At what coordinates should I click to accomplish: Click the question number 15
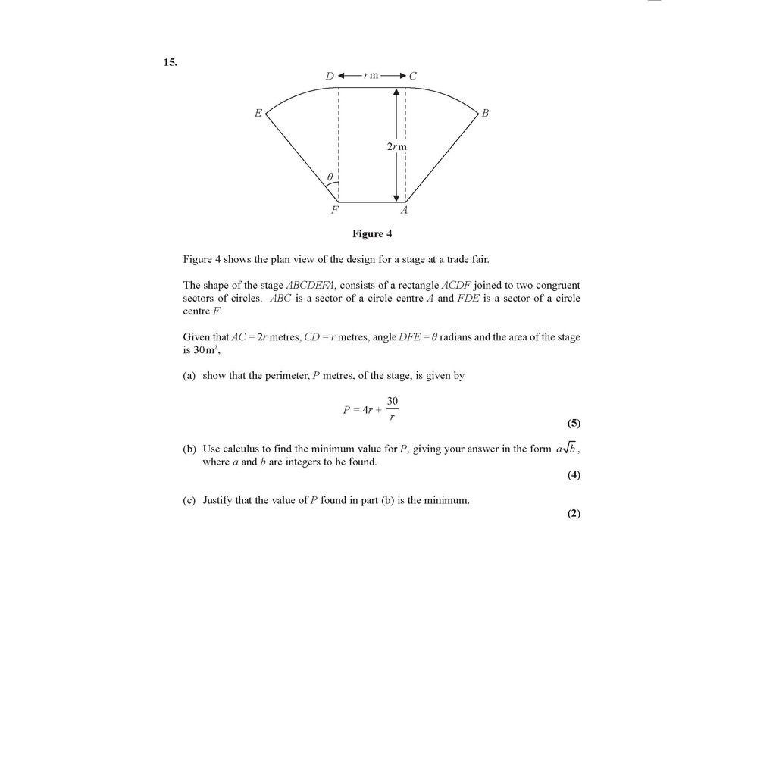(x=170, y=62)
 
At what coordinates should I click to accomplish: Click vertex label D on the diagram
(x=330, y=76)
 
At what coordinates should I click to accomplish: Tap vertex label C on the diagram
(x=413, y=76)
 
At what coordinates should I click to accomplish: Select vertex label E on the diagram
(x=258, y=114)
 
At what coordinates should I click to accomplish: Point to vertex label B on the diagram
(x=486, y=114)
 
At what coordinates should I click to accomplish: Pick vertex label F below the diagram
(x=335, y=210)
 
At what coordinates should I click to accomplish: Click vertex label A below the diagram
(x=404, y=210)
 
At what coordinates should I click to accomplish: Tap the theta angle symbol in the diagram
(x=330, y=177)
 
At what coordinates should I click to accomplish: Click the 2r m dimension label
(x=397, y=145)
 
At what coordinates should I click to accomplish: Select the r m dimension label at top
(x=371, y=76)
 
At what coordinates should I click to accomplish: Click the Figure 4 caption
(x=371, y=233)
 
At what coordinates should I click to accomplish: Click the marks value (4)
(x=574, y=475)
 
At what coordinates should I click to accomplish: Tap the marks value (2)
(x=574, y=513)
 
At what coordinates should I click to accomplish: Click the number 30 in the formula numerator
(x=393, y=401)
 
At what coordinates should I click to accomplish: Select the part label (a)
(x=189, y=376)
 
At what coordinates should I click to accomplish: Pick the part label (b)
(x=189, y=449)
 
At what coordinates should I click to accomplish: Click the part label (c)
(x=189, y=500)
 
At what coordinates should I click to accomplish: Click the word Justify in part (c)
(x=217, y=500)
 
